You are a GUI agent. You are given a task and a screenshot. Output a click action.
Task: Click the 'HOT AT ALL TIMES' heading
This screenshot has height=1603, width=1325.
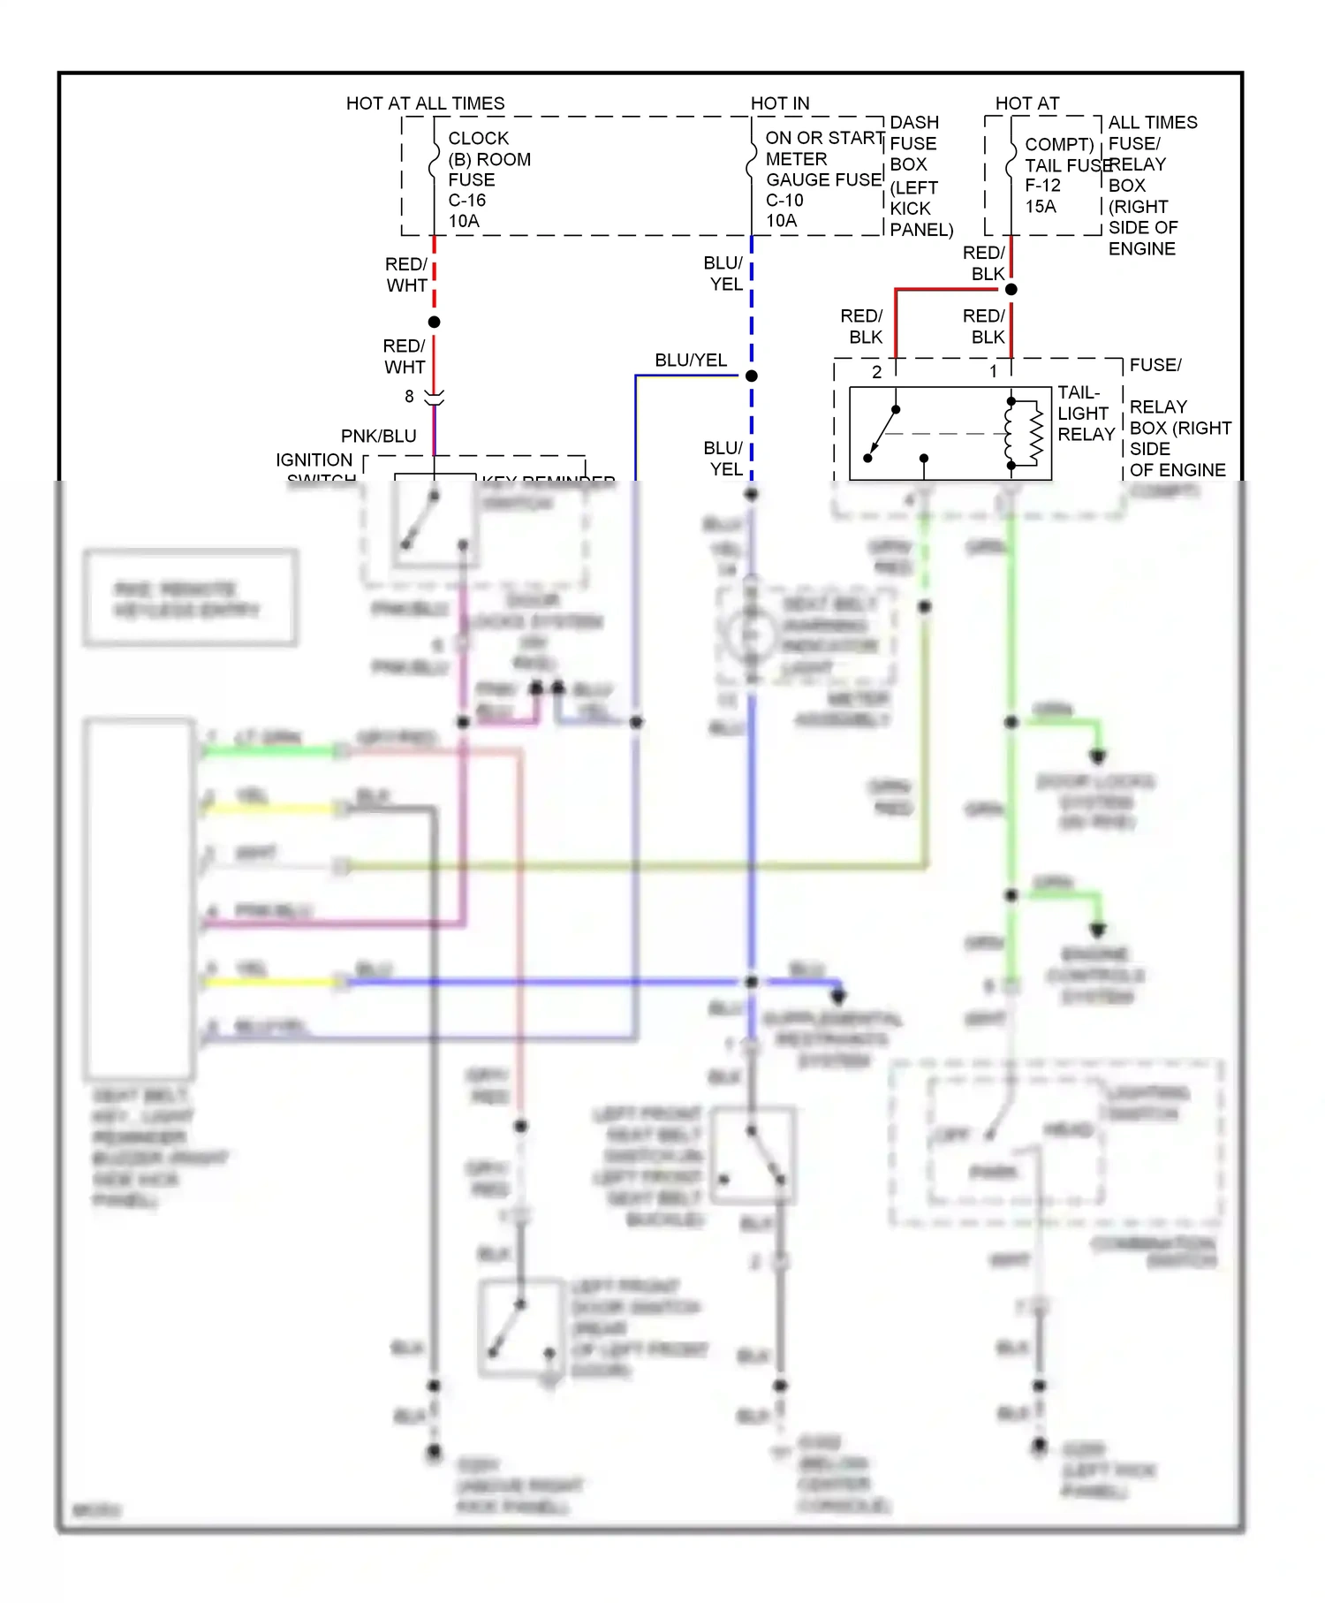pyautogui.click(x=425, y=103)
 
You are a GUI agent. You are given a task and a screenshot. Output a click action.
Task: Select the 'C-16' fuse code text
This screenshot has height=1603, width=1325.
pyautogui.click(x=466, y=201)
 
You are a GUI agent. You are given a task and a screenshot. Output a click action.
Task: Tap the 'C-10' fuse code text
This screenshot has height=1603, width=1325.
pyautogui.click(x=784, y=201)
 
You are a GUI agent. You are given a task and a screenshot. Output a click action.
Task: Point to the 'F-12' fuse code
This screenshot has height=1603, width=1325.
pyautogui.click(x=1042, y=186)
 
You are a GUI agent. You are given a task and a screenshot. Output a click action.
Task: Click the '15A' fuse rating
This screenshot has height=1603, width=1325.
pyautogui.click(x=1040, y=207)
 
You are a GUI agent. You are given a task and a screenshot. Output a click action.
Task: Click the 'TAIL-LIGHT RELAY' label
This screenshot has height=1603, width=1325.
pyautogui.click(x=1085, y=414)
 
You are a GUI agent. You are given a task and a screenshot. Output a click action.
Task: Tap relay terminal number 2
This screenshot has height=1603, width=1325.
pyautogui.click(x=876, y=372)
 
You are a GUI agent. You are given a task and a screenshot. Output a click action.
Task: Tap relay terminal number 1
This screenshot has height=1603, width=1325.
pyautogui.click(x=993, y=372)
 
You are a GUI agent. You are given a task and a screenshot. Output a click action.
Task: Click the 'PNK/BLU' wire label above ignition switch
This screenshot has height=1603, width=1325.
pyautogui.click(x=378, y=437)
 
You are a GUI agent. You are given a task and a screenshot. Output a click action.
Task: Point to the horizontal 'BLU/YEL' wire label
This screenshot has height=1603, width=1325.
pyautogui.click(x=690, y=361)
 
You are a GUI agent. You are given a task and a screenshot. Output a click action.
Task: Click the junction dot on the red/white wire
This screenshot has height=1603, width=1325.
pyautogui.click(x=434, y=323)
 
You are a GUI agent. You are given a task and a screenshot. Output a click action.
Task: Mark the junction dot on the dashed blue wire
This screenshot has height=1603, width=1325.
pyautogui.click(x=752, y=376)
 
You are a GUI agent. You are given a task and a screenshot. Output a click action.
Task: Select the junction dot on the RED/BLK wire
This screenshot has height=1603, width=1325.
pyautogui.click(x=1011, y=290)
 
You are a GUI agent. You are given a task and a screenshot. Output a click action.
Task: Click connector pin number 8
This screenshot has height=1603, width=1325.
pyautogui.click(x=409, y=397)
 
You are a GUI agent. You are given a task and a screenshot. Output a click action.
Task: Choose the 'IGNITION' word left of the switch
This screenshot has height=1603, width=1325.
pyautogui.click(x=314, y=460)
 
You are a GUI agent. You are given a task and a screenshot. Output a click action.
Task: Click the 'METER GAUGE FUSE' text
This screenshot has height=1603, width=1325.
pyautogui.click(x=821, y=170)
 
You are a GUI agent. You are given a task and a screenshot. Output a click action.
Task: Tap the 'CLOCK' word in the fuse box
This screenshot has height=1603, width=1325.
pyautogui.click(x=478, y=139)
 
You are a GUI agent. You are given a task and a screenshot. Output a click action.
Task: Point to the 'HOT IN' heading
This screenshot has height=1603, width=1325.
pyautogui.click(x=779, y=103)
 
